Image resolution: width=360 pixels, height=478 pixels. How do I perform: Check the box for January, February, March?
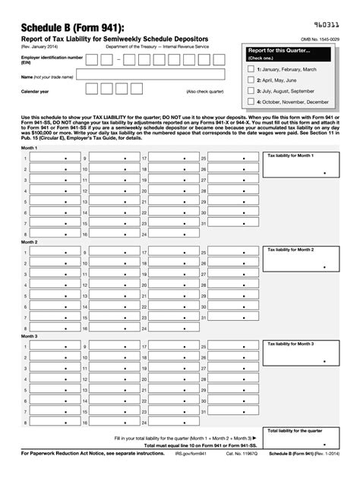251,68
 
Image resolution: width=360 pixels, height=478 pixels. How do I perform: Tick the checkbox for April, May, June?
251,79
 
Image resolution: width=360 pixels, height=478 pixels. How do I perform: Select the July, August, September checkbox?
251,90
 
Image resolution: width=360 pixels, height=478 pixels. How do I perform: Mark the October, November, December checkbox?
251,101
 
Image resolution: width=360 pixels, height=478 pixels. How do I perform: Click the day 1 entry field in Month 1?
53,158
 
